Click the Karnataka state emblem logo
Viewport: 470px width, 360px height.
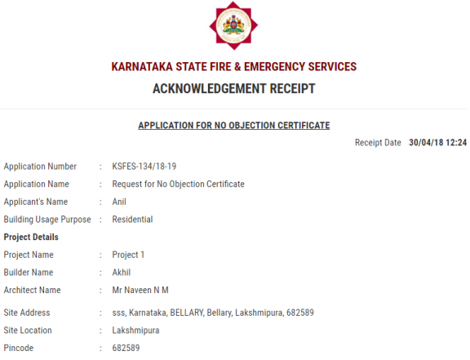[234, 26]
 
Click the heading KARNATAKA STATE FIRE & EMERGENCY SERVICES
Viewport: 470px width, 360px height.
[234, 67]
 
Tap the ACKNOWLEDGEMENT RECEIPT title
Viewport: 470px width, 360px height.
[234, 88]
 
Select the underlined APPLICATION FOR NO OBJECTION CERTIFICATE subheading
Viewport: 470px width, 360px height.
[234, 126]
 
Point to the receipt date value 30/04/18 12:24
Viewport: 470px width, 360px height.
[438, 143]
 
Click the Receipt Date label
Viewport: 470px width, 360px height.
[378, 143]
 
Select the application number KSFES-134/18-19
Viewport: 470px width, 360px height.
[144, 167]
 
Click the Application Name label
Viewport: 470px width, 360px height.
[37, 184]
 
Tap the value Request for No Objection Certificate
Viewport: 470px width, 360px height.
[178, 184]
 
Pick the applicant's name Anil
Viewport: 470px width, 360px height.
[119, 202]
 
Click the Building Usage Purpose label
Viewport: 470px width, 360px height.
[47, 220]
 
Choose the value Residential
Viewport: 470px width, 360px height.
[132, 220]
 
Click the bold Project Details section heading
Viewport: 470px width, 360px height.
[31, 237]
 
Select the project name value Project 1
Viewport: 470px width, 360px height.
[128, 255]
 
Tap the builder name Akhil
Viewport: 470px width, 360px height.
[122, 273]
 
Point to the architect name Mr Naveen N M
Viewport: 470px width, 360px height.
[140, 290]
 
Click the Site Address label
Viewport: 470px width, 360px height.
[27, 313]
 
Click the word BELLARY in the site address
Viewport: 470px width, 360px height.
[188, 313]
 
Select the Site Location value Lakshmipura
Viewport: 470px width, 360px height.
[135, 331]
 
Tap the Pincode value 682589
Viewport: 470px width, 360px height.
[126, 349]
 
